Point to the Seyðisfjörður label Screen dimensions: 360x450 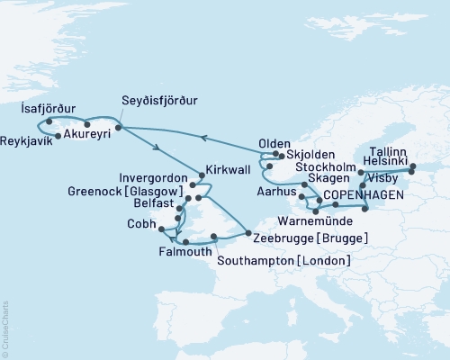coord(160,100)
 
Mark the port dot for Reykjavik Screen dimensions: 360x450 coord(58,136)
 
